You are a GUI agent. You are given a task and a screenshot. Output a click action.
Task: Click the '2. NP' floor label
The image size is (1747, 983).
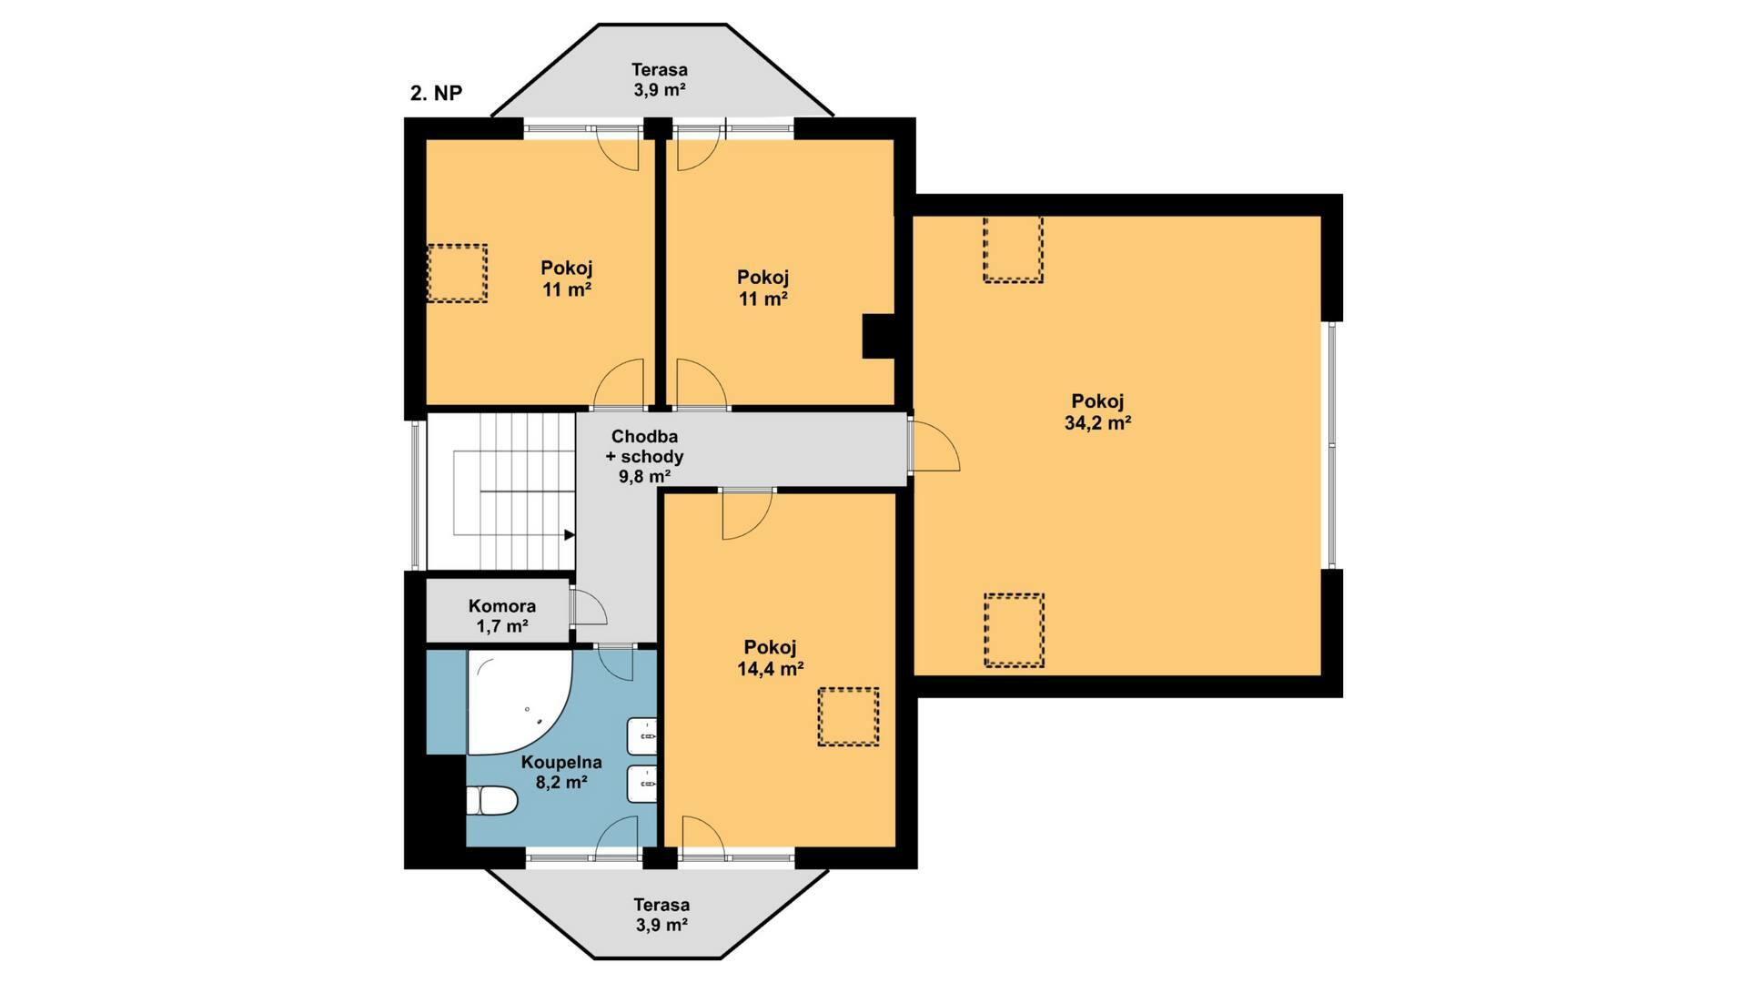point(436,93)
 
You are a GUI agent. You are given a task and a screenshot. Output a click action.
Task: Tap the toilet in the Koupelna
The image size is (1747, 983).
point(491,802)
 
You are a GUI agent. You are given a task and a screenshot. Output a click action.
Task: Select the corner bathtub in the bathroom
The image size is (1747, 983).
point(519,701)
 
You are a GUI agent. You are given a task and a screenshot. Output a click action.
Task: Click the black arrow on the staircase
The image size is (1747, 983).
point(570,535)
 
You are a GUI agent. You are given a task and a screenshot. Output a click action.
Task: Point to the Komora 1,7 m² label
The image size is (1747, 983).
point(502,616)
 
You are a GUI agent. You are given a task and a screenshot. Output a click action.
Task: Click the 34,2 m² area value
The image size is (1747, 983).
point(1097,423)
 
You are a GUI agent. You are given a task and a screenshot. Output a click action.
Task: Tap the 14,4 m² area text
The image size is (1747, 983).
point(770,669)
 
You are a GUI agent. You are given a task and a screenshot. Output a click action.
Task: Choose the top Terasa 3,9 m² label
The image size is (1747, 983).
point(660,79)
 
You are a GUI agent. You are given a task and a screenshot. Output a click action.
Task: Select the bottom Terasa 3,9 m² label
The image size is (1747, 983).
point(661,915)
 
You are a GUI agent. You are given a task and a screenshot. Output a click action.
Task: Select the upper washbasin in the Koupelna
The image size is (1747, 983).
point(642,735)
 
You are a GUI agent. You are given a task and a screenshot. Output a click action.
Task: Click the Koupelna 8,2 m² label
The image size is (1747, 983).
point(561,772)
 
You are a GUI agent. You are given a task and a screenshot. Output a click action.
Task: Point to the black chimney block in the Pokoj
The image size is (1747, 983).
point(879,336)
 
